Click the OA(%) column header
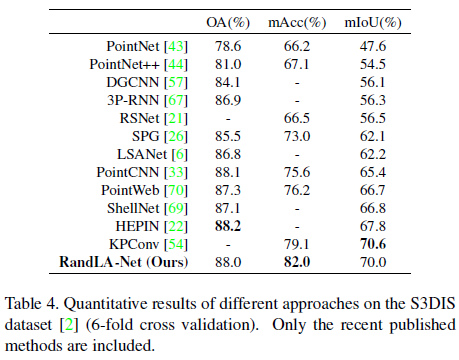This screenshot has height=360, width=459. pos(234,19)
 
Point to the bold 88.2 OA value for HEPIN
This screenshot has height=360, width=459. pos(232,227)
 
